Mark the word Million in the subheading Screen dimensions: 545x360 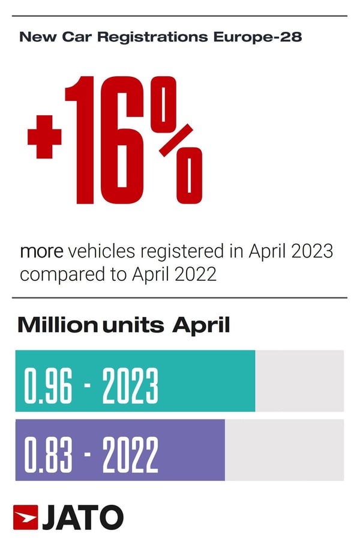(x=58, y=325)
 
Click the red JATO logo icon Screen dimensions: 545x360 (x=26, y=517)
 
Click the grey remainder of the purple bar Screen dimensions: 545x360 (x=284, y=450)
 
